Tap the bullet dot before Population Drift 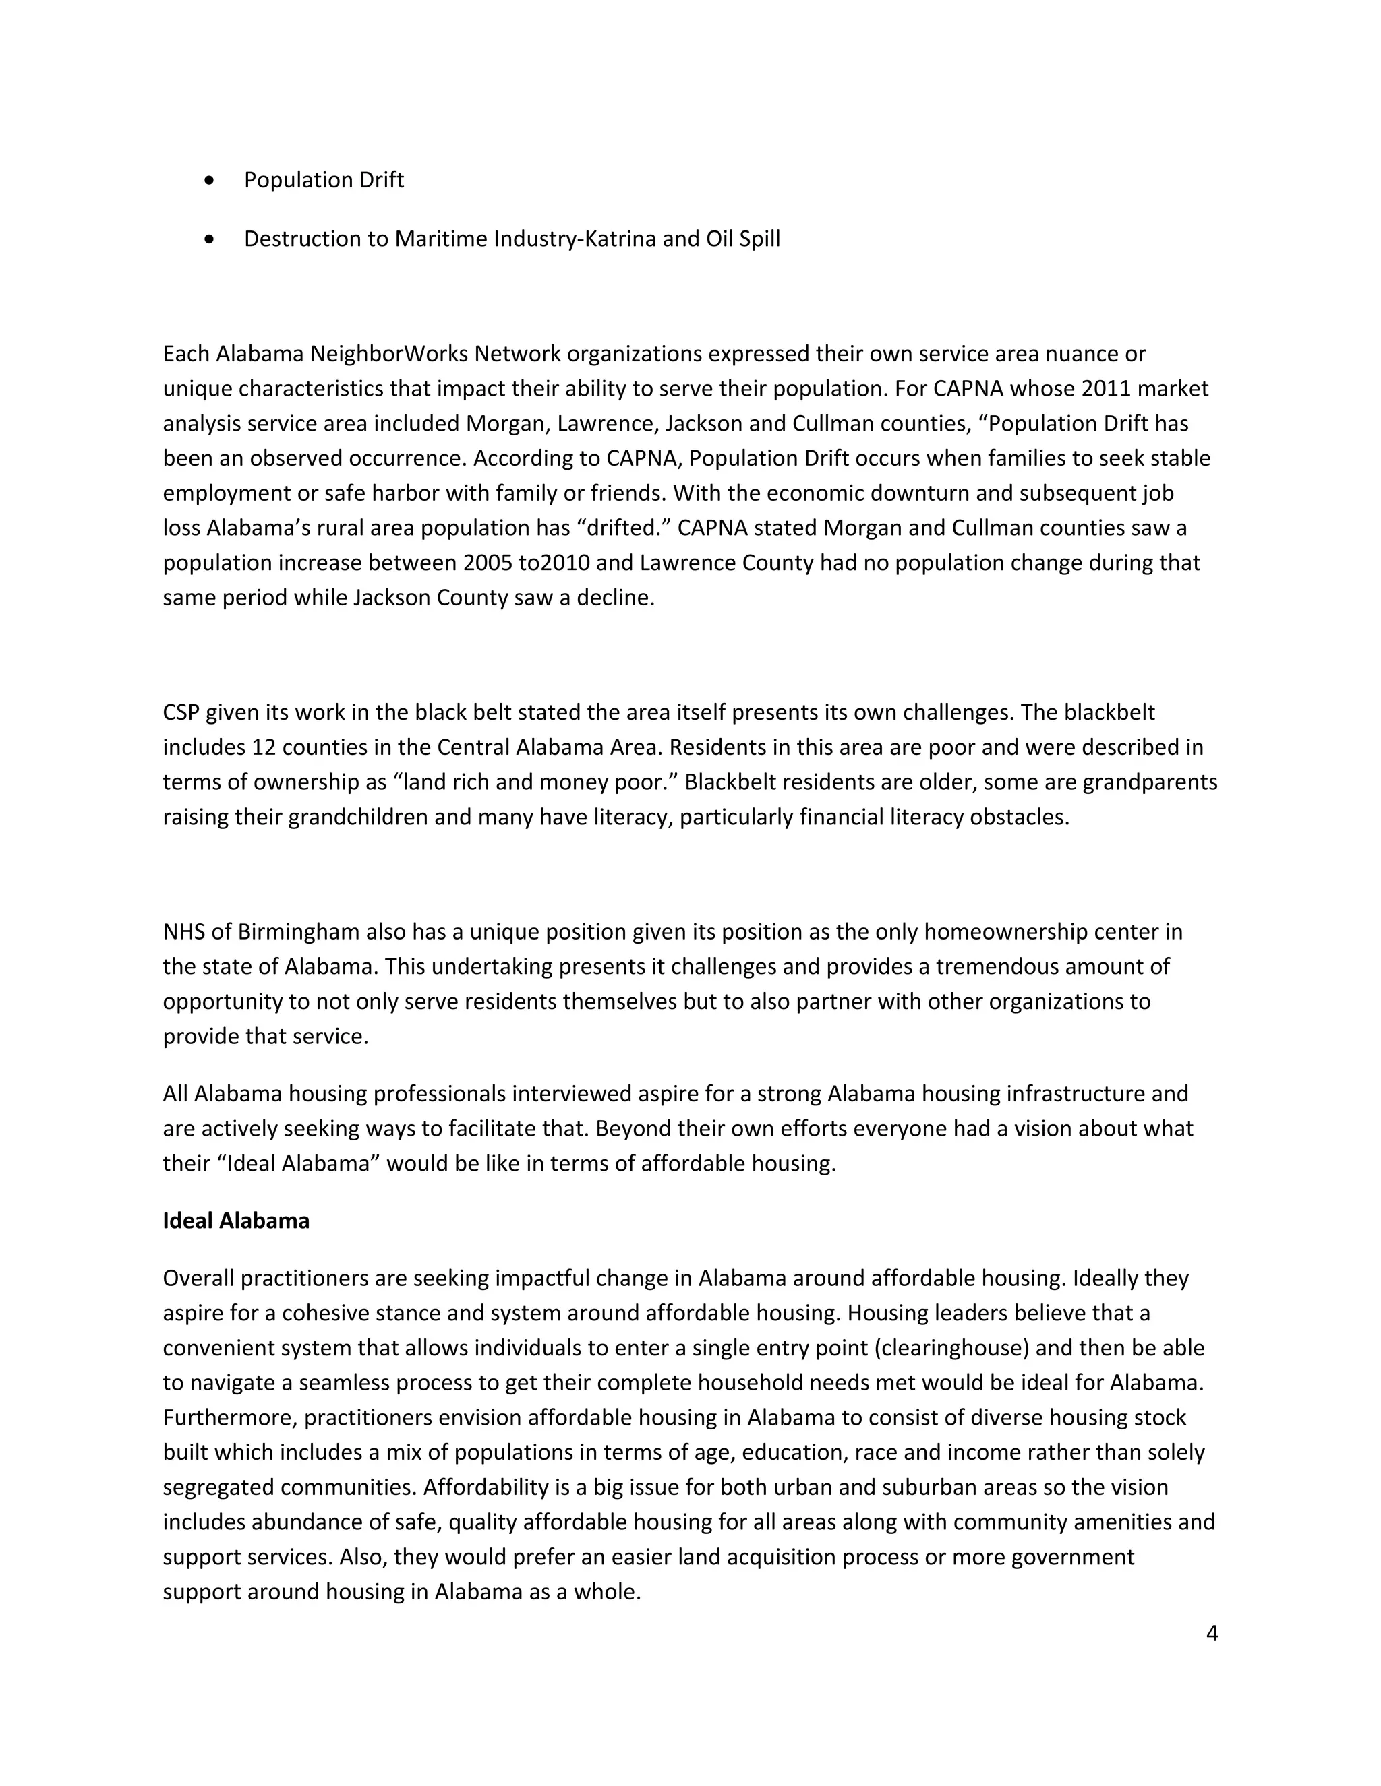coord(211,181)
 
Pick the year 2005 coord(488,563)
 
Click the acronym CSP coord(181,712)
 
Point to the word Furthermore coord(229,1417)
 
